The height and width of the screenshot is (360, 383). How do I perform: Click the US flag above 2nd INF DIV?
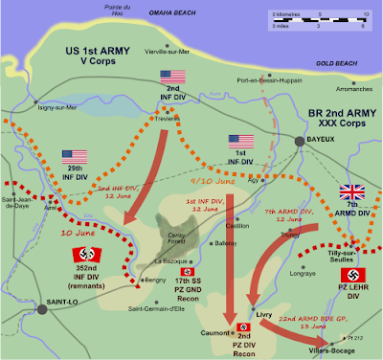[x=174, y=77]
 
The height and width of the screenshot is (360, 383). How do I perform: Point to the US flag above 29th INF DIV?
[x=76, y=156]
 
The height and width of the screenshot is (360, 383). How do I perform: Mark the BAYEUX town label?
[x=323, y=139]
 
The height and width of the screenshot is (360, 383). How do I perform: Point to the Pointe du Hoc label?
[x=98, y=9]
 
